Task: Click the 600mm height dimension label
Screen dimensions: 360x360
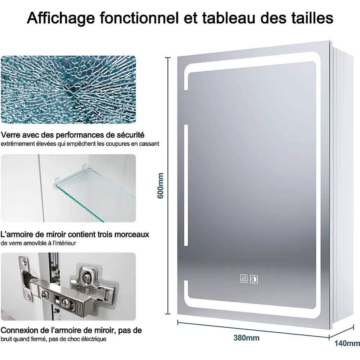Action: coord(161,186)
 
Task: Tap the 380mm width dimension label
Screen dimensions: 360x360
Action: coord(246,338)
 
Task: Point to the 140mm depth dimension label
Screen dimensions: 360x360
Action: coord(347,343)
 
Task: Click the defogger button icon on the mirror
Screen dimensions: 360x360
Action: coord(244,278)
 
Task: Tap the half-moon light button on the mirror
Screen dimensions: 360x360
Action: coord(254,279)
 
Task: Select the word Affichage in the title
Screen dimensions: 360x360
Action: coord(61,18)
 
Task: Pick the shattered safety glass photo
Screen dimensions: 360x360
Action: coord(68,90)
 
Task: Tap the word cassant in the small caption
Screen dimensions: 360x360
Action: coord(150,144)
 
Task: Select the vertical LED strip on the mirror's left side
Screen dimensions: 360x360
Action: coord(186,185)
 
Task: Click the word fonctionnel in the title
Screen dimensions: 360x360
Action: coord(139,18)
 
